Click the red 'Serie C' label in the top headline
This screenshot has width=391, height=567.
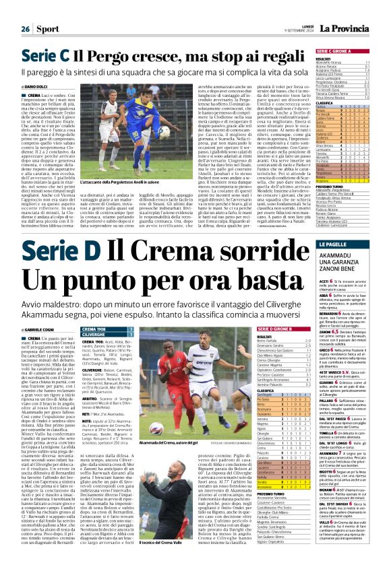[49, 57]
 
